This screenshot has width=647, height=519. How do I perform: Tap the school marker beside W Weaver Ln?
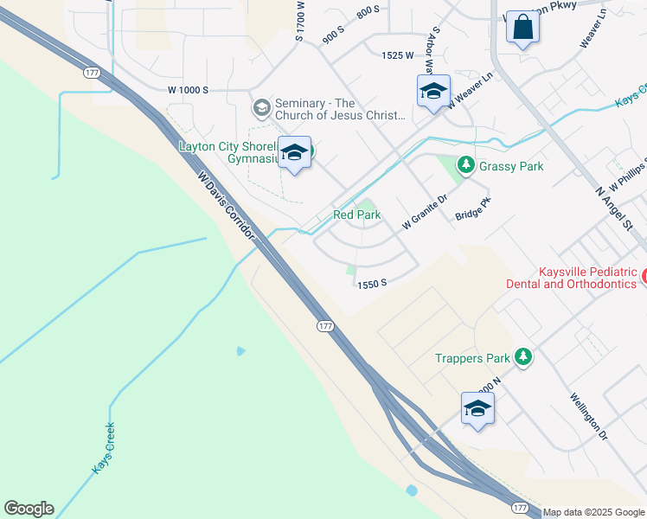(432, 91)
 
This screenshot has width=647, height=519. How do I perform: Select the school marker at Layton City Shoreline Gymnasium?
(295, 153)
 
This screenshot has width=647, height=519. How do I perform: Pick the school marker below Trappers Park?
(477, 408)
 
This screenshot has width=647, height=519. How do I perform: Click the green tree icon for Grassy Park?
(466, 164)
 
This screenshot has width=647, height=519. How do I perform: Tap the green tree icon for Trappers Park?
(522, 356)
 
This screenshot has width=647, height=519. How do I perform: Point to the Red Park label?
(356, 215)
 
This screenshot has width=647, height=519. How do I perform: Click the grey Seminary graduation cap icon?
(261, 108)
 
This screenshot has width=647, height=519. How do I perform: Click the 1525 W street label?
(398, 55)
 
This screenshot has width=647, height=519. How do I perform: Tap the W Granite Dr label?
(425, 211)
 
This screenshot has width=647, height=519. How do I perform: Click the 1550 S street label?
(370, 283)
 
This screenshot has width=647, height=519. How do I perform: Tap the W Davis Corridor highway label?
(227, 207)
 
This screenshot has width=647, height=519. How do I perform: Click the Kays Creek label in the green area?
(103, 448)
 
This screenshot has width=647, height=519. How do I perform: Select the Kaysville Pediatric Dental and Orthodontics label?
(588, 278)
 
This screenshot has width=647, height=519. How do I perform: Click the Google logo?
(29, 509)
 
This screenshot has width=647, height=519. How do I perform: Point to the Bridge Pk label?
(473, 208)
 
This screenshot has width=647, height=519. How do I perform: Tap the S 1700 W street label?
(300, 21)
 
